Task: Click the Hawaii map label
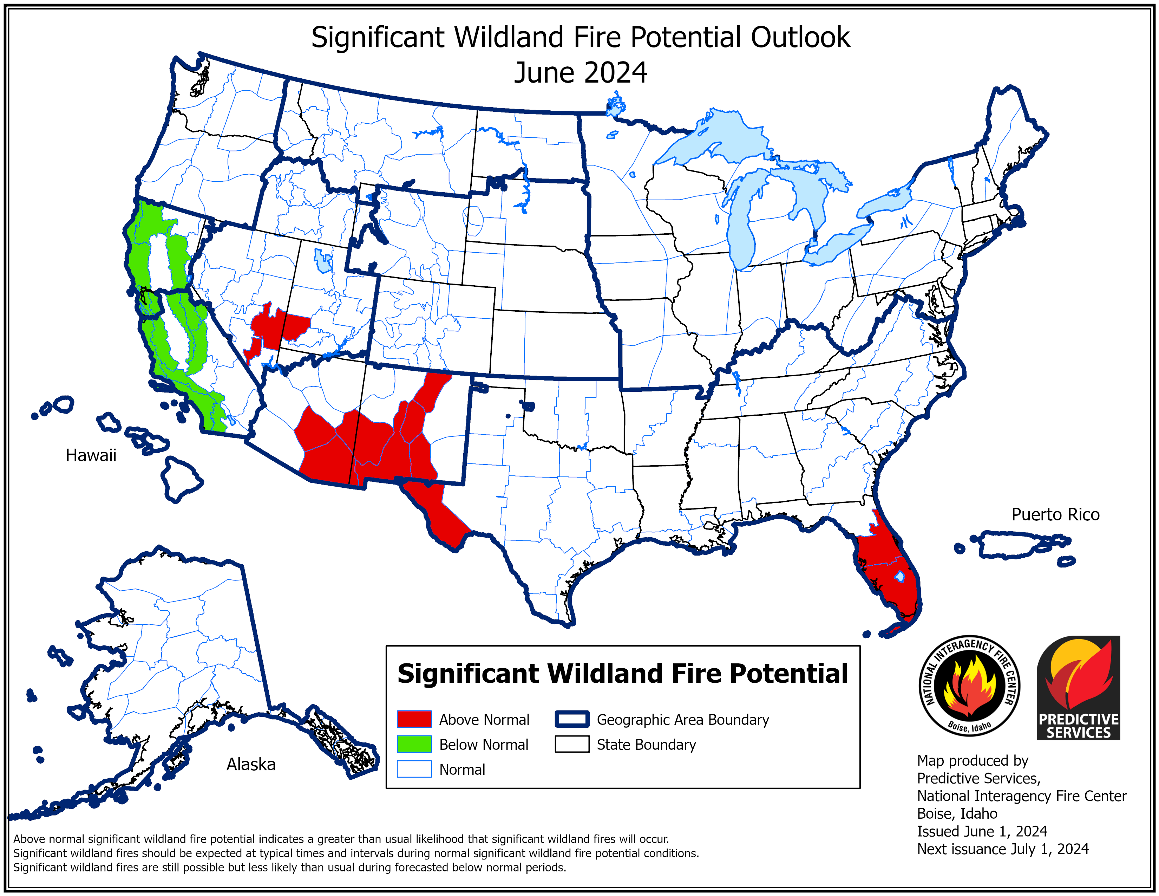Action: tap(91, 455)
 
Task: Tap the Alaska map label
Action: tap(251, 764)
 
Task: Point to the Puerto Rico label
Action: tap(1055, 514)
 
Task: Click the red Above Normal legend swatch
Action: tap(414, 719)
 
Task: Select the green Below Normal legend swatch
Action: tap(414, 744)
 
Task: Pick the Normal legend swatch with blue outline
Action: tap(414, 769)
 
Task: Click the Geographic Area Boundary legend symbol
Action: tap(571, 719)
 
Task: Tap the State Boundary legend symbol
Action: tap(571, 744)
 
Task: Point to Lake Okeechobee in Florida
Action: tap(899, 576)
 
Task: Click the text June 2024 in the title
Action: tap(580, 73)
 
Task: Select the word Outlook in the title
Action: tap(800, 38)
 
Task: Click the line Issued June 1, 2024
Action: tap(982, 831)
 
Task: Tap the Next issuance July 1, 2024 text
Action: tap(1002, 849)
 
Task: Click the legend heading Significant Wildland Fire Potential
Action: tap(622, 674)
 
